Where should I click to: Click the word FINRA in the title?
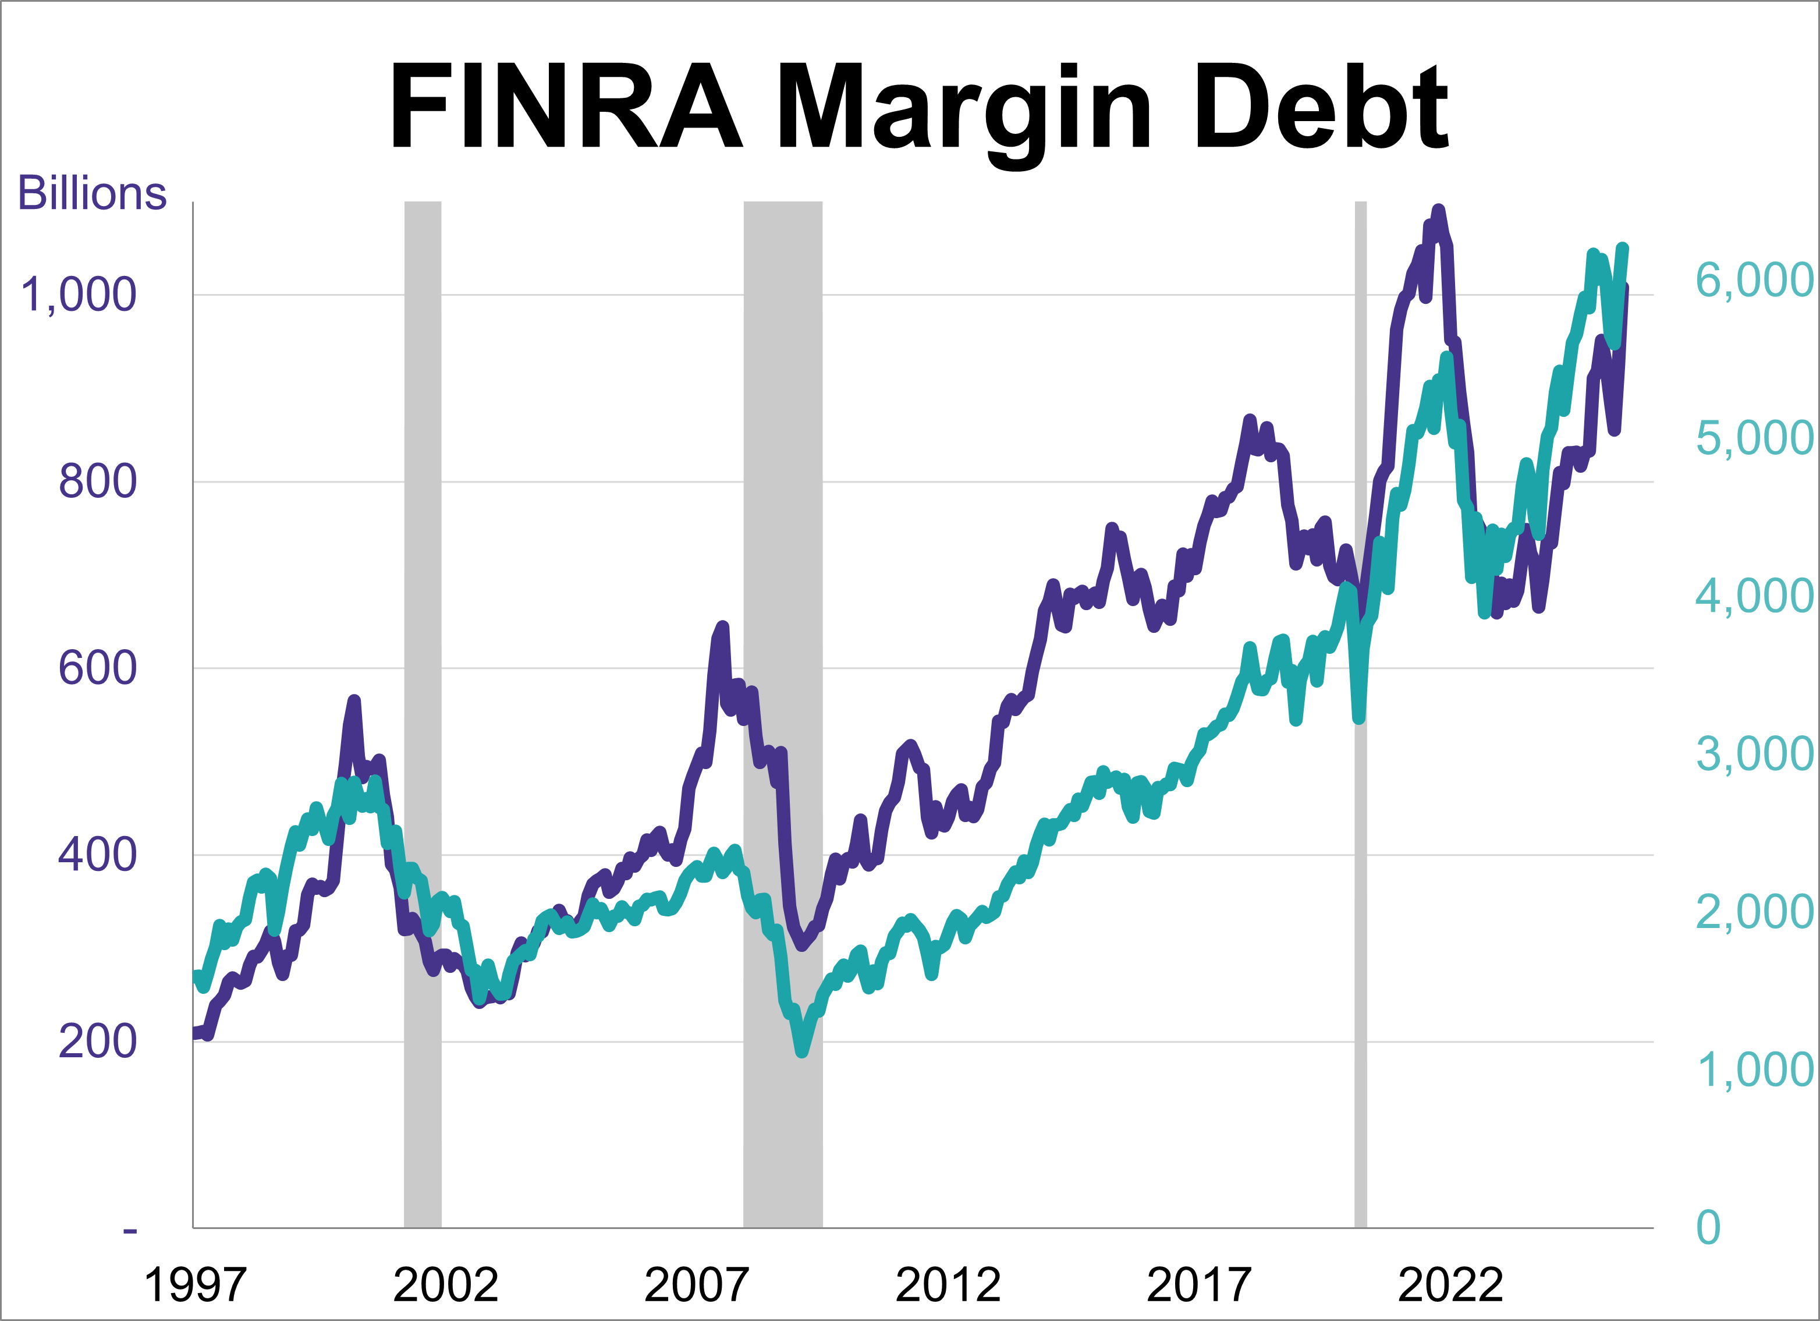click(x=566, y=107)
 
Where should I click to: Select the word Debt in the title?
click(x=1322, y=107)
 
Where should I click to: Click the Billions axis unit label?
click(x=93, y=193)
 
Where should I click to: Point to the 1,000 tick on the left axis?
click(x=79, y=295)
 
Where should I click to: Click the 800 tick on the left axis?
click(x=98, y=481)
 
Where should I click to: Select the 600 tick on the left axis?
click(x=98, y=668)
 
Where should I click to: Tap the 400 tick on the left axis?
click(x=98, y=855)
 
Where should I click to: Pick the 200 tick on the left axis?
click(x=98, y=1042)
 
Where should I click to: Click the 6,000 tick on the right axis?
click(x=1754, y=280)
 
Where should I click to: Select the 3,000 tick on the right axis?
click(x=1754, y=753)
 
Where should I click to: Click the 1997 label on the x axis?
click(x=195, y=1285)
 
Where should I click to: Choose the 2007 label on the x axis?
click(x=697, y=1285)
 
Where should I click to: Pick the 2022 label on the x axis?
click(x=1450, y=1285)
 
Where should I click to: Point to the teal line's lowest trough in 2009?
click(x=801, y=1052)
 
